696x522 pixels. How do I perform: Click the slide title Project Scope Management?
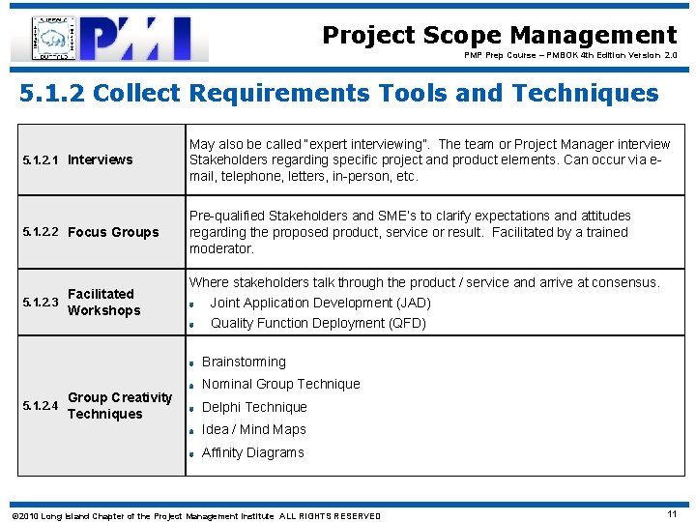coord(499,36)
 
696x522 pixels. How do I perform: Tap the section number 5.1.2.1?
coord(40,159)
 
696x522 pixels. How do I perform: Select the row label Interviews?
coord(101,159)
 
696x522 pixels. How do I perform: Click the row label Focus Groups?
coord(113,232)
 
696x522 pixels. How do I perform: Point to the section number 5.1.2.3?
coord(40,303)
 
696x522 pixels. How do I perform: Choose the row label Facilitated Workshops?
coord(103,302)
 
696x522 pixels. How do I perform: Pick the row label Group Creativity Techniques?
coord(119,405)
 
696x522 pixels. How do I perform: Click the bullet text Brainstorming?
coord(244,362)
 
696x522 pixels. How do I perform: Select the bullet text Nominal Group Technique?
coord(280,384)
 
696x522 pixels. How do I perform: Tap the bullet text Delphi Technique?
coord(253,407)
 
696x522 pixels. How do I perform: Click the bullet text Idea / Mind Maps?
coord(253,429)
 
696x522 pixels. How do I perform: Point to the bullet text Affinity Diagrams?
coord(252,452)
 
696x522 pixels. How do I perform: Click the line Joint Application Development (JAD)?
coord(320,303)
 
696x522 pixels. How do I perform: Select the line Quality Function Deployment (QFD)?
coord(318,323)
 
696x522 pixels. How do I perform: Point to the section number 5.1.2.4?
coord(40,405)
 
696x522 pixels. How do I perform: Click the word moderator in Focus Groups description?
coord(221,248)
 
